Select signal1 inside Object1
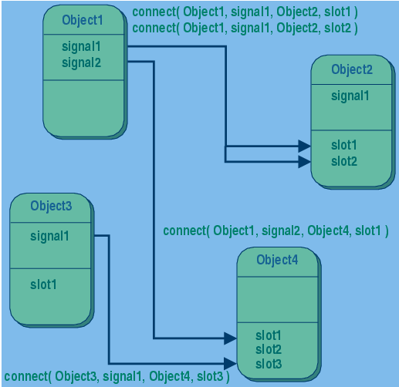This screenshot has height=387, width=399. coord(81,47)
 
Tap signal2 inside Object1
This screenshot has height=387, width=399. coord(81,62)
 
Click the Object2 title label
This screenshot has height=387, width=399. coord(351,69)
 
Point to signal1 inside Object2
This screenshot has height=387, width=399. coord(350,96)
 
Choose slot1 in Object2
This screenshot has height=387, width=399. coord(344,146)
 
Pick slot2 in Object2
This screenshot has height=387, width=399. coord(344,161)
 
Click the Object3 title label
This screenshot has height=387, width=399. coord(51,206)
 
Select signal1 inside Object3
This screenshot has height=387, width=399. coord(49,236)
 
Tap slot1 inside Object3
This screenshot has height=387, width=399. coord(44,284)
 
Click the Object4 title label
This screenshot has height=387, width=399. coord(276,260)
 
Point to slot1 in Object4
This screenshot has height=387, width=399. coord(269,336)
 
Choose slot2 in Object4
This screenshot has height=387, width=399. coord(269,349)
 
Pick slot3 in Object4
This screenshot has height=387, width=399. coord(269,363)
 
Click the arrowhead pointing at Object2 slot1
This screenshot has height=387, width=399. coord(304,146)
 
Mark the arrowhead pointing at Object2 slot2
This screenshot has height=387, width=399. coord(304,162)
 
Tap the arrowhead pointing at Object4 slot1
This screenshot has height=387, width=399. coord(229,338)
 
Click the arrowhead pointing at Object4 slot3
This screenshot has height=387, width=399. coord(229,363)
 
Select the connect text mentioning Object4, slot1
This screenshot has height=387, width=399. coord(276,231)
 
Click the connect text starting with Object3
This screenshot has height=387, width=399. coord(116,376)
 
